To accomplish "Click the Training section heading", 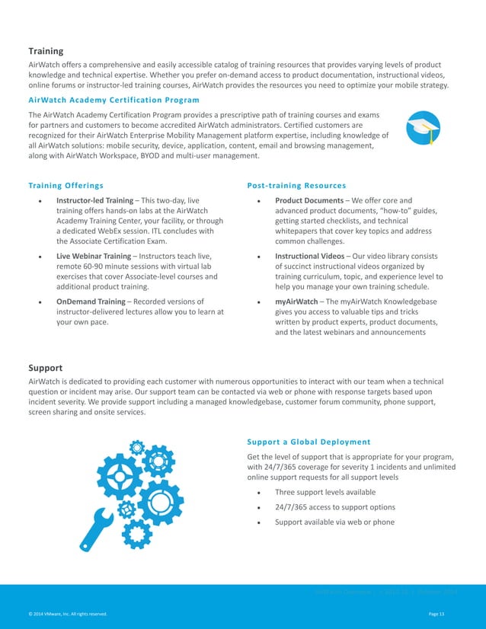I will point(46,51).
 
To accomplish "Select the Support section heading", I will point(45,367).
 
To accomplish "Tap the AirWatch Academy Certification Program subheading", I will point(114,100).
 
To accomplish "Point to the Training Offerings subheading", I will point(66,185).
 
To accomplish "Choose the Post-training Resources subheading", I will point(297,185).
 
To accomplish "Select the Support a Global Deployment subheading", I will point(309,442).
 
